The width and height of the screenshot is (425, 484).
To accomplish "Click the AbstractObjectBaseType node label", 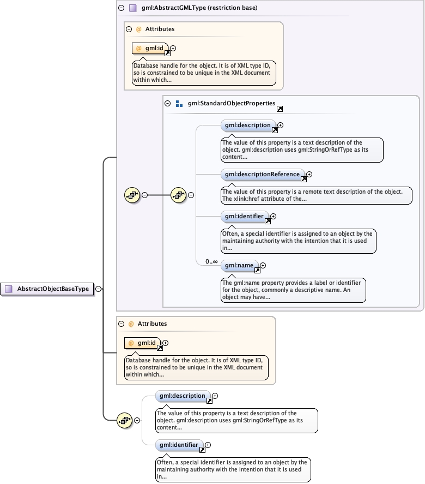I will tap(53, 289).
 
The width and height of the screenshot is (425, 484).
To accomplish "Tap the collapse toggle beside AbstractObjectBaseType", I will tap(99, 289).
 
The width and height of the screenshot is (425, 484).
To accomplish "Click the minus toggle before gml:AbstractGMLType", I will tap(122, 8).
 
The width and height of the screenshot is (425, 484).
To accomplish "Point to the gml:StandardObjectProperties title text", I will tap(232, 103).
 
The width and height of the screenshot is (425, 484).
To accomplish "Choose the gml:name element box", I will tap(239, 265).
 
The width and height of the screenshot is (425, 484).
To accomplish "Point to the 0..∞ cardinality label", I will tap(211, 262).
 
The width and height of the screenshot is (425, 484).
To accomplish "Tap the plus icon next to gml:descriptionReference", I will tap(309, 175).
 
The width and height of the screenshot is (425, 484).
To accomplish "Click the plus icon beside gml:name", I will tap(264, 265).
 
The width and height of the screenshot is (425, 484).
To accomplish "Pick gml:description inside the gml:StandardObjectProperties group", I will tap(247, 126).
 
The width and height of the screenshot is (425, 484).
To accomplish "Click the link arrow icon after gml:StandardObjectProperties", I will tap(280, 109).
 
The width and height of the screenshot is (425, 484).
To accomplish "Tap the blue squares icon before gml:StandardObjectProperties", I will tap(179, 103).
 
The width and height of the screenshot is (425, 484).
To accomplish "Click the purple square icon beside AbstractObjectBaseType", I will tap(8, 289).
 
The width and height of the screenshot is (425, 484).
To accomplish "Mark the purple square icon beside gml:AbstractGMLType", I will tap(133, 8).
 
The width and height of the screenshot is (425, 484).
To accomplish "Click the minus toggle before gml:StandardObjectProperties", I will tap(168, 103).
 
